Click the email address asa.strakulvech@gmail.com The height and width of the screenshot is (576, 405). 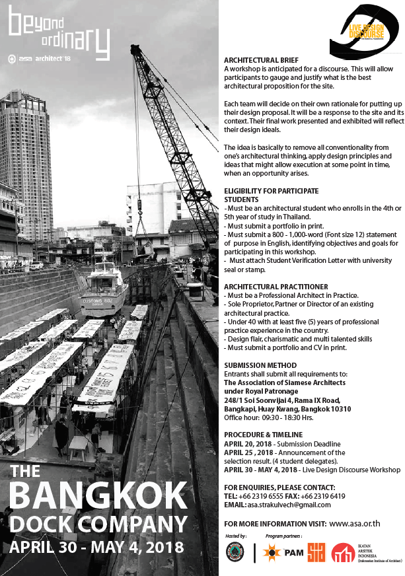coord(289,505)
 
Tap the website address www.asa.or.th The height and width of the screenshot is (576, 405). coord(354,523)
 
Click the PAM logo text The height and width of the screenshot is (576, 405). coord(294,554)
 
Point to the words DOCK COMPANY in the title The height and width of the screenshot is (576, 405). coord(99,524)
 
